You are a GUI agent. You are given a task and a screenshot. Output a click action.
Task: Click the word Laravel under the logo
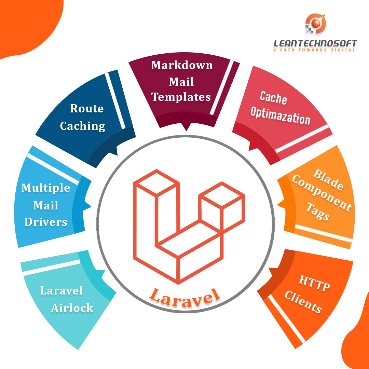(x=184, y=295)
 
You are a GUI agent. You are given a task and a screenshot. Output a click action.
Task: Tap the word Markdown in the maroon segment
(x=182, y=65)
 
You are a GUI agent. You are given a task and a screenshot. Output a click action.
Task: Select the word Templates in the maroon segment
(x=181, y=97)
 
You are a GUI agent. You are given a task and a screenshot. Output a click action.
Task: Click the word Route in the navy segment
(x=87, y=109)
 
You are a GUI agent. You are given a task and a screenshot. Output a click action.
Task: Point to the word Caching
(x=82, y=126)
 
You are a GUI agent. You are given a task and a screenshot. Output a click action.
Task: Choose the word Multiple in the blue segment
(x=46, y=188)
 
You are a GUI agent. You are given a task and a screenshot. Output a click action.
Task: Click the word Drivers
(x=46, y=222)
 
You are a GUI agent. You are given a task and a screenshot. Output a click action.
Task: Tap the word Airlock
(x=72, y=308)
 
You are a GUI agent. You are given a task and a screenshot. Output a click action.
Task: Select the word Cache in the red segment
(x=273, y=98)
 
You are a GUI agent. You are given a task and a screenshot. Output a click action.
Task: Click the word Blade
(x=328, y=179)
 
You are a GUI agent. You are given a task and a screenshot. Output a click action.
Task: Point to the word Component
(x=321, y=194)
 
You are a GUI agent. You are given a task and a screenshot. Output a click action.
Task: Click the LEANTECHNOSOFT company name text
(x=315, y=43)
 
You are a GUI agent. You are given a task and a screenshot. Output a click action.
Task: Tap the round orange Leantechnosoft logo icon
(x=316, y=24)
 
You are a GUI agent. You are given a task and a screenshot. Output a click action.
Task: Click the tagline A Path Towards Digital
(x=314, y=50)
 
